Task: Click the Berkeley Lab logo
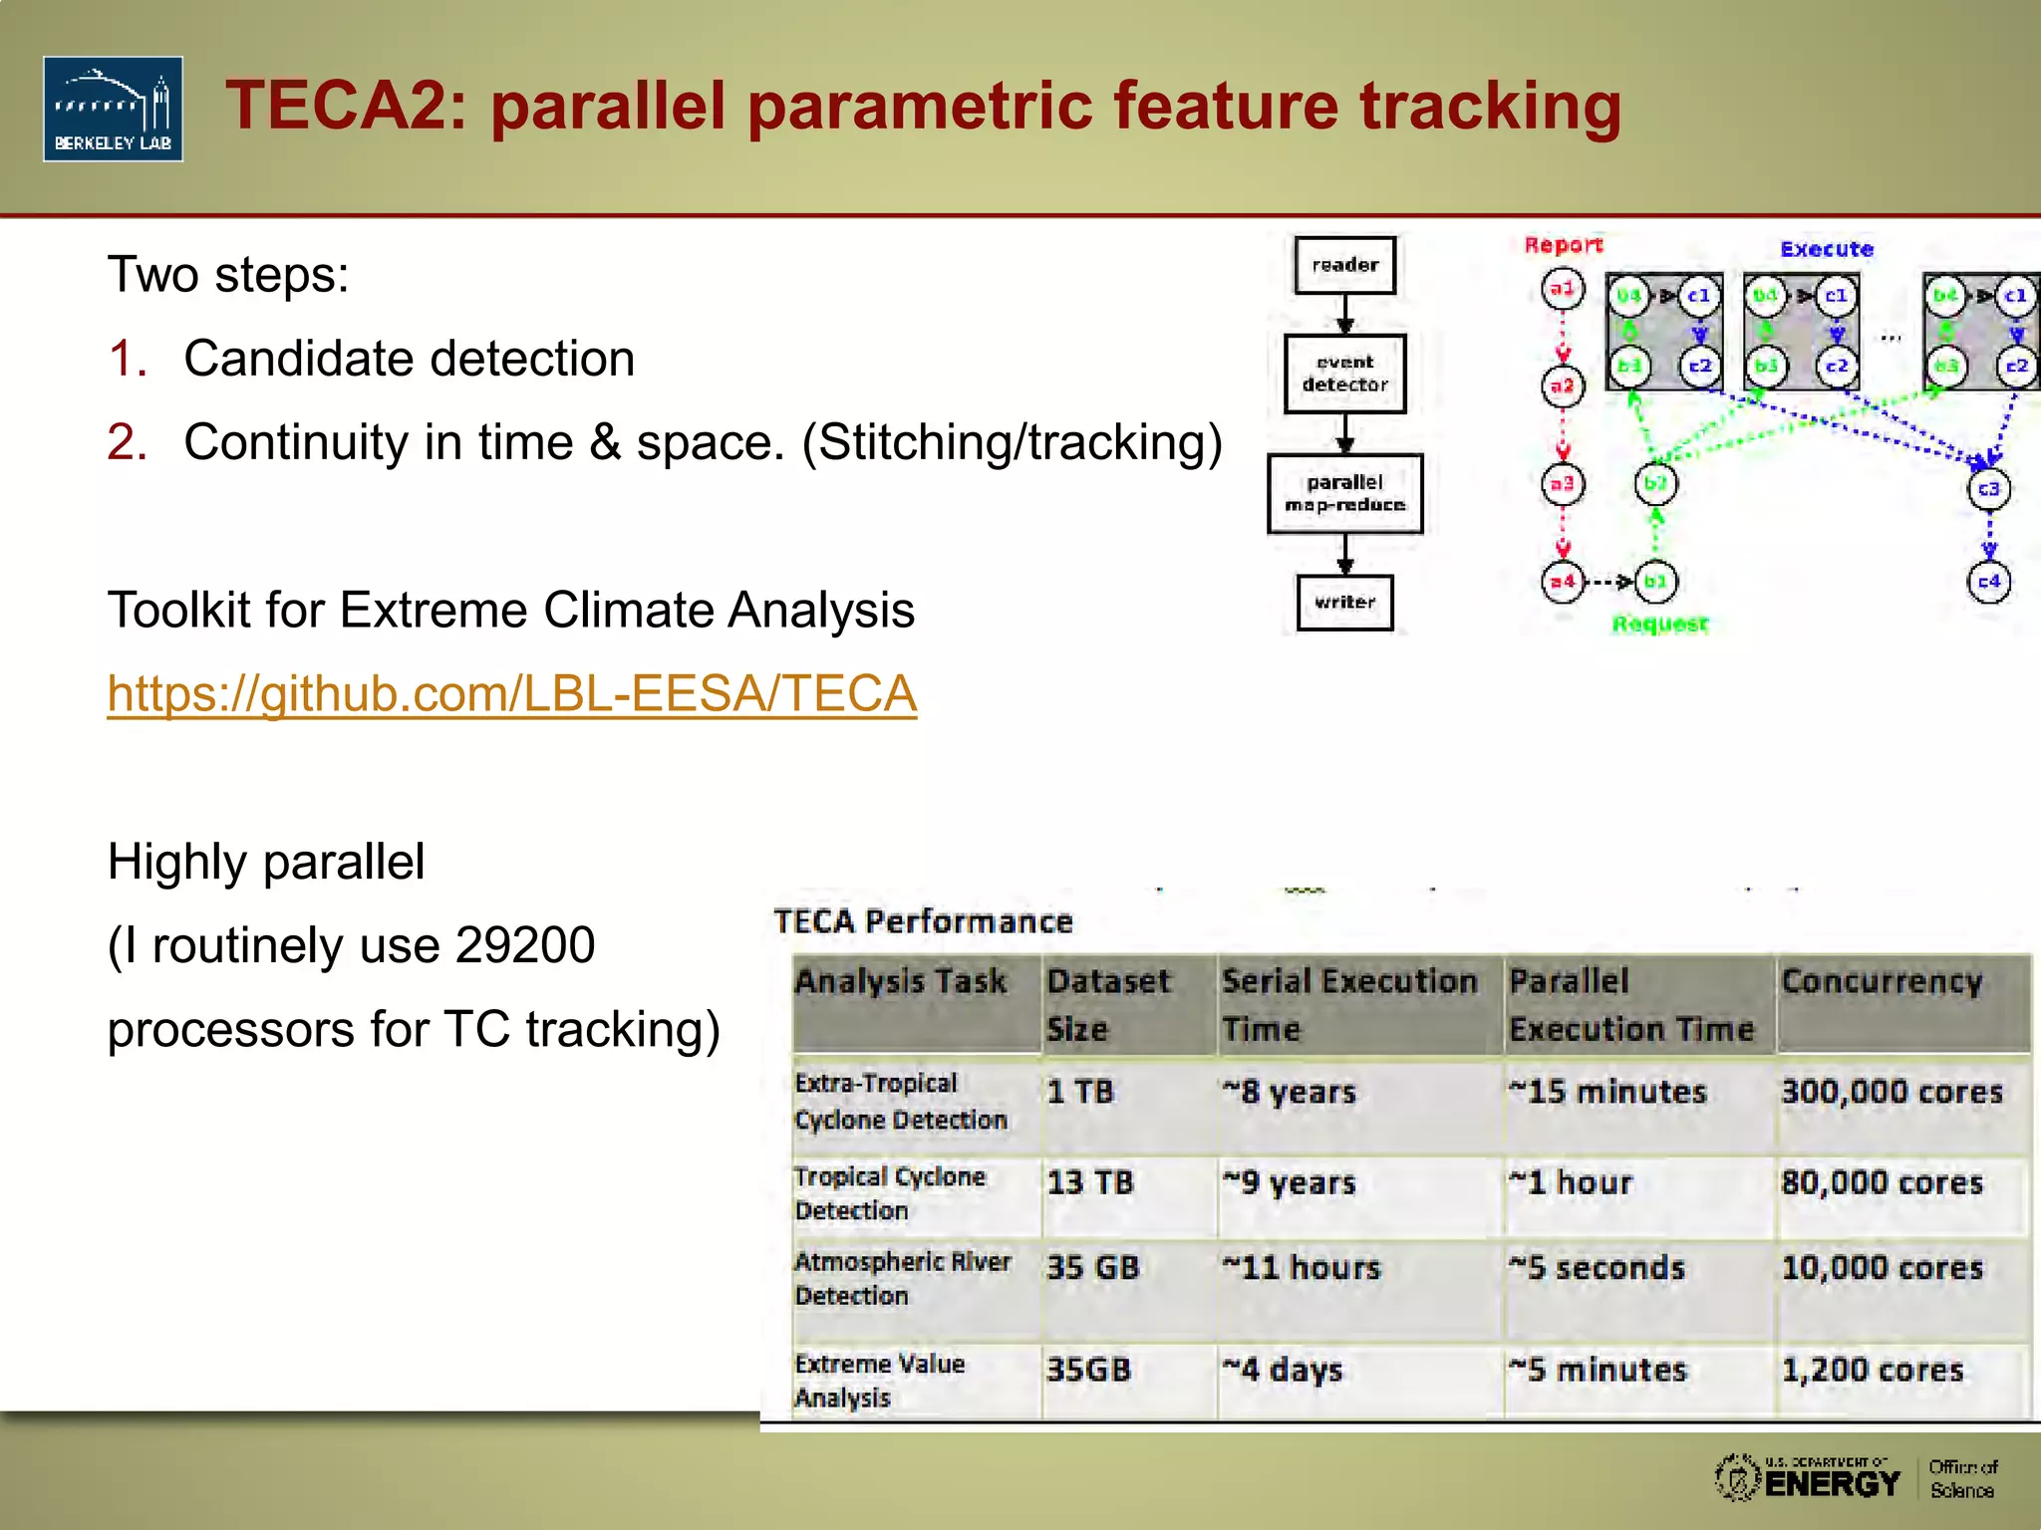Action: click(x=113, y=109)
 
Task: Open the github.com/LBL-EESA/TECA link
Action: click(x=511, y=693)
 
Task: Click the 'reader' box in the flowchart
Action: click(x=1344, y=265)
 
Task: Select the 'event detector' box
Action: click(x=1344, y=374)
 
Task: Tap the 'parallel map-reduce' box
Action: click(x=1344, y=494)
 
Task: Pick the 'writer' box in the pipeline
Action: click(x=1344, y=602)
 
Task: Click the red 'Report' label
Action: click(x=1563, y=245)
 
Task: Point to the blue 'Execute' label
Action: click(x=1826, y=249)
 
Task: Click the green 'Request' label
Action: click(x=1659, y=625)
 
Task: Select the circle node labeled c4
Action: click(x=1988, y=582)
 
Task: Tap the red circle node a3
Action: click(x=1562, y=484)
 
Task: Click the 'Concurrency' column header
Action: click(x=1882, y=982)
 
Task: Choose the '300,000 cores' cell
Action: click(x=1892, y=1092)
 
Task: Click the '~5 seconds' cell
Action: click(x=1597, y=1268)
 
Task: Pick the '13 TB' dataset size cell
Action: click(x=1090, y=1182)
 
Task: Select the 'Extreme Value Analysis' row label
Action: click(x=879, y=1381)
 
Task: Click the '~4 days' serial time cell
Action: click(x=1283, y=1371)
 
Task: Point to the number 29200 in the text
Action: click(x=524, y=945)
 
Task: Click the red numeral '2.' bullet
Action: click(x=128, y=442)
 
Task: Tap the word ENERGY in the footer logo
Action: click(x=1832, y=1484)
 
